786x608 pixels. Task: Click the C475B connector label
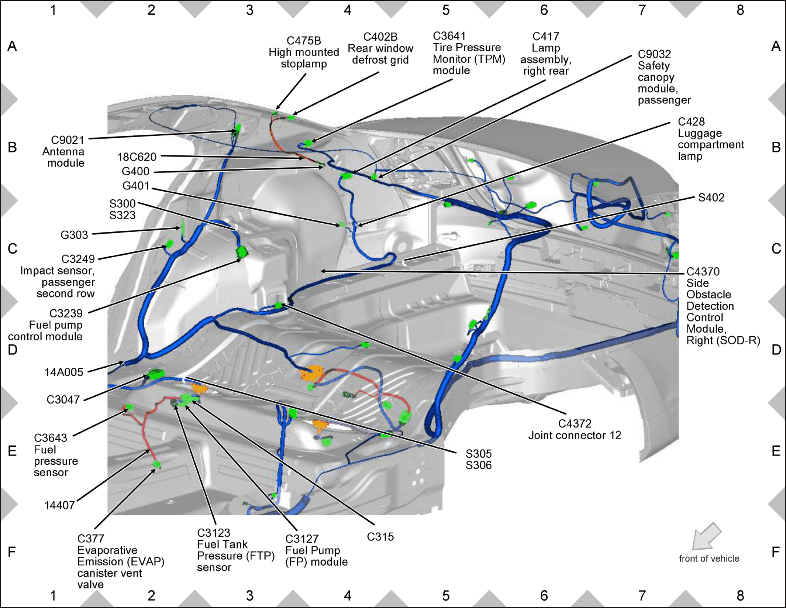[x=304, y=41]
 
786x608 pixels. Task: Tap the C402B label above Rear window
[x=380, y=37]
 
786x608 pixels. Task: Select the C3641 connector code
[x=449, y=36]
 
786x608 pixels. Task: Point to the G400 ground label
[x=135, y=171]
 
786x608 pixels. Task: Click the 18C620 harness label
[x=137, y=157]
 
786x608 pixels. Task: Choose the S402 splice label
[x=711, y=197]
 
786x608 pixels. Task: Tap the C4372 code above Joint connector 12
[x=575, y=423]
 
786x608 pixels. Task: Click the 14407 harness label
[x=60, y=505]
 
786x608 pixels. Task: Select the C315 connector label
[x=380, y=537]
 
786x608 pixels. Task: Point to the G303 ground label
[x=74, y=235]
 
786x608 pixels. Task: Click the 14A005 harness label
[x=64, y=372]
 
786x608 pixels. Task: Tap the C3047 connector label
[x=63, y=399]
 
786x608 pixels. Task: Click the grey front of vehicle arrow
[x=706, y=536]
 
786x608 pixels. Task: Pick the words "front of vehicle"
[x=709, y=559]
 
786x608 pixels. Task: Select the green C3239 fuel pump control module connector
[x=242, y=253]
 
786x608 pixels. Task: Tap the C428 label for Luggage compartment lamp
[x=691, y=121]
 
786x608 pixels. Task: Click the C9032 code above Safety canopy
[x=654, y=54]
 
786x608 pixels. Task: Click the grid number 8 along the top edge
[x=740, y=10]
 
